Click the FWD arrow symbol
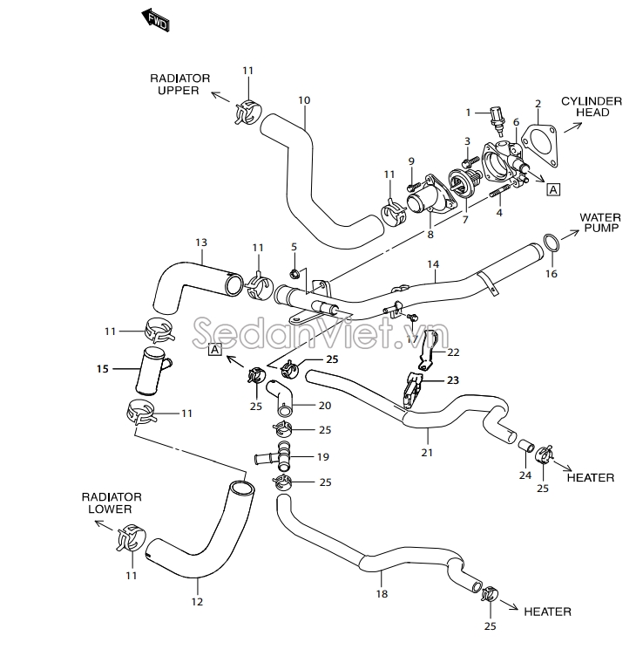click(x=155, y=20)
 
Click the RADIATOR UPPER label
click(x=178, y=84)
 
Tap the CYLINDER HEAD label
click(x=591, y=106)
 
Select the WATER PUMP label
click(x=599, y=222)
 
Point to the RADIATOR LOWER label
click(x=106, y=502)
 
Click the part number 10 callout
click(x=304, y=99)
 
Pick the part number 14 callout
click(x=432, y=263)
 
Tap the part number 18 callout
click(x=381, y=594)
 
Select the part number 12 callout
click(x=197, y=602)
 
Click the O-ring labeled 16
click(x=552, y=243)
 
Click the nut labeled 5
click(x=294, y=274)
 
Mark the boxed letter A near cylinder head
click(x=553, y=188)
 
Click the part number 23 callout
click(x=453, y=379)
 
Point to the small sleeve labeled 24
click(x=526, y=446)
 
